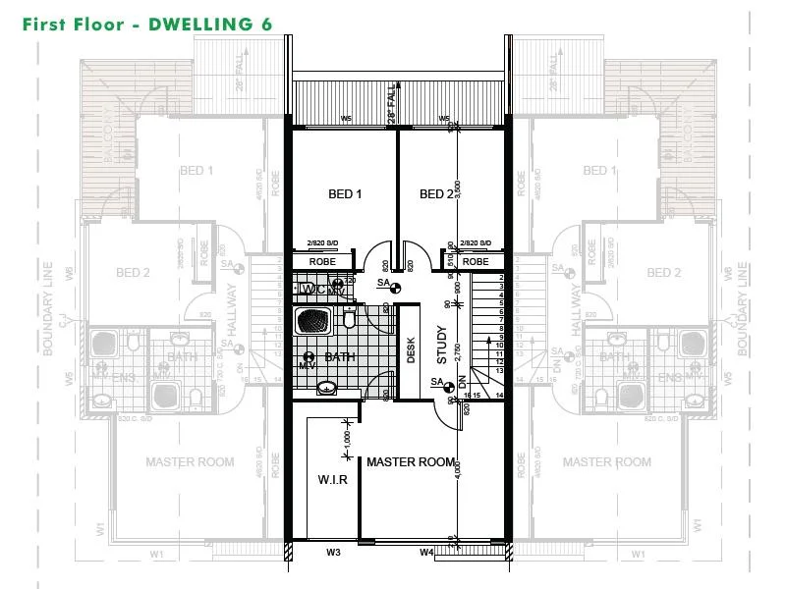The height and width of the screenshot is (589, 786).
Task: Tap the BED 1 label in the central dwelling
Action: (x=345, y=194)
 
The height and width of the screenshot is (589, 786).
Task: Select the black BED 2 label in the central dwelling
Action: (x=437, y=194)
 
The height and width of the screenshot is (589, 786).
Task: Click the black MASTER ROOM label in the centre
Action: (x=412, y=461)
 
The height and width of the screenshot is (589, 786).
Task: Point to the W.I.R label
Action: (x=331, y=481)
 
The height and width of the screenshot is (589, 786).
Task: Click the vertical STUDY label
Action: (x=442, y=346)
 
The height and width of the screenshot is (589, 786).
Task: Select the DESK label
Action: (x=412, y=350)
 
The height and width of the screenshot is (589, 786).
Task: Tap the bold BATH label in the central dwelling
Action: (x=340, y=357)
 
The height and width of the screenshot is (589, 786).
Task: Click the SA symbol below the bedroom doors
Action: (x=386, y=283)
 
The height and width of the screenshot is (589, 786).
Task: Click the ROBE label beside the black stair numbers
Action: (x=476, y=262)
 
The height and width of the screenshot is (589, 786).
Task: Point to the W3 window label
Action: (x=334, y=553)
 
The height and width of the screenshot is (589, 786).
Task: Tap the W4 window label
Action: (x=426, y=553)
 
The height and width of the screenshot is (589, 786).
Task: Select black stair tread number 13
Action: (x=500, y=370)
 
